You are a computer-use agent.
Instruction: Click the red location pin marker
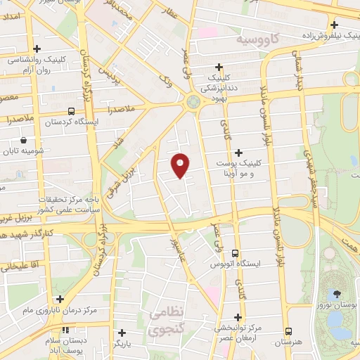[x=181, y=165]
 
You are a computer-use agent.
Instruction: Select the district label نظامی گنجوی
[x=166, y=320]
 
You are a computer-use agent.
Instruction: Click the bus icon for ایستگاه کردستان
[x=70, y=111]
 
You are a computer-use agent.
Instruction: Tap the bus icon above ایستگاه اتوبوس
[x=235, y=253]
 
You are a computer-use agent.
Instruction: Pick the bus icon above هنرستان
[x=288, y=331]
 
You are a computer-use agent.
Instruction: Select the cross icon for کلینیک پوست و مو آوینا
[x=239, y=152]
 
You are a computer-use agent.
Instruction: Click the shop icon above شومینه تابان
[x=25, y=141]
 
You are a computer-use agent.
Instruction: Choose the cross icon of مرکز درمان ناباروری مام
[x=60, y=300]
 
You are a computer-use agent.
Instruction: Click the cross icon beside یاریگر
[x=121, y=333]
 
